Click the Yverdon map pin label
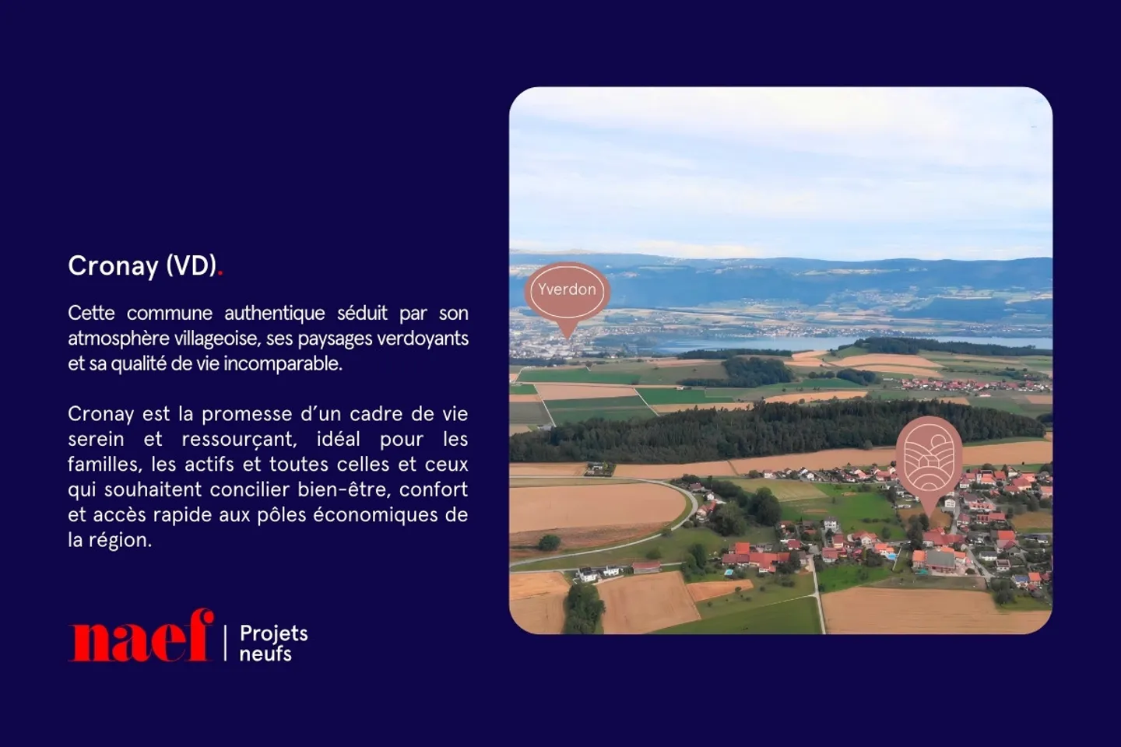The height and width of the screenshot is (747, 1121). click(567, 290)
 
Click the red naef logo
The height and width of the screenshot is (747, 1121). click(141, 637)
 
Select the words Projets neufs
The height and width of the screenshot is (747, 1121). click(273, 644)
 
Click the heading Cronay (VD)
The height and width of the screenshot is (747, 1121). click(142, 266)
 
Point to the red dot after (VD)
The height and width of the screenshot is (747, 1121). click(220, 273)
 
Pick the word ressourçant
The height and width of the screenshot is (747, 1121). click(238, 440)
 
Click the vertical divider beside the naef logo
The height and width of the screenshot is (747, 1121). click(226, 643)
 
